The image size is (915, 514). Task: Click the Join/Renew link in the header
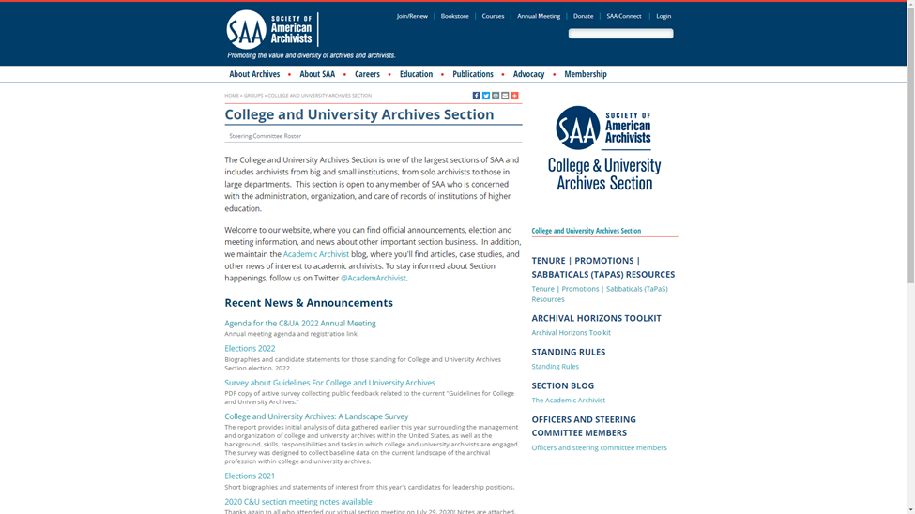412,16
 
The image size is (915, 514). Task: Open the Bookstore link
454,16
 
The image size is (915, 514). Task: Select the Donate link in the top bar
583,16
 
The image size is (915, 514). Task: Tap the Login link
663,16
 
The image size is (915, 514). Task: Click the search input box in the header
619,34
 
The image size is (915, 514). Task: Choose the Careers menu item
367,74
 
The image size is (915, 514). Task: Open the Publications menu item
472,74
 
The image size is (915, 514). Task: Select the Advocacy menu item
528,74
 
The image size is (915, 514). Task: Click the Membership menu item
585,74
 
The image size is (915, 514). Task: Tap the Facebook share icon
476,96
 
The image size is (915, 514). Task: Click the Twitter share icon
485,96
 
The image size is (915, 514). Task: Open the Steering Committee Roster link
265,136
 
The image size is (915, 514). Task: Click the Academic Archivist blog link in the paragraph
315,254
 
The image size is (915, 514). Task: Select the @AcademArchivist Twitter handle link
373,278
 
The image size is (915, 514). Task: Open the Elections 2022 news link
250,348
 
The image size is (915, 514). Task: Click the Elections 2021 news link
250,476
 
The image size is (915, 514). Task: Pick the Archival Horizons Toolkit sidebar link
571,332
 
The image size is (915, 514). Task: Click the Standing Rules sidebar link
555,367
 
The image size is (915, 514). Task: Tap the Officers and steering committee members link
599,447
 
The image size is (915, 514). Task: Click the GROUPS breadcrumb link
252,96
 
